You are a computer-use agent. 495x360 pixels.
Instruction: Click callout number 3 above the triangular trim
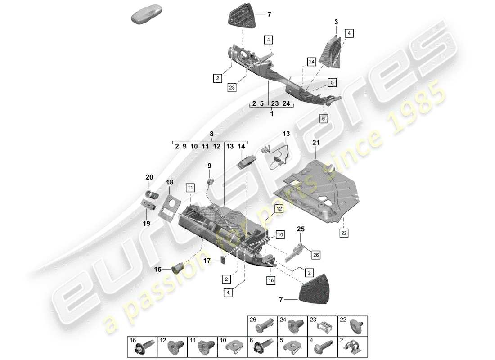tap(336, 22)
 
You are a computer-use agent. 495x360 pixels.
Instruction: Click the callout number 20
tap(149, 177)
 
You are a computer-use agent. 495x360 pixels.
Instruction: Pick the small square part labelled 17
tap(223, 260)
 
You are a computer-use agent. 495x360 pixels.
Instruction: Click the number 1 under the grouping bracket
tap(271, 114)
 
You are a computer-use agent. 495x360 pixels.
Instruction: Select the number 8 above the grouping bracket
tap(212, 134)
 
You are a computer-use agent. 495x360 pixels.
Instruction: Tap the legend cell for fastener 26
tap(262, 325)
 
